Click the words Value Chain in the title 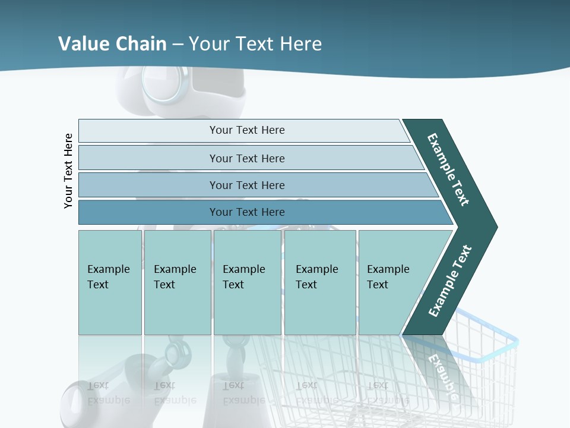(112, 43)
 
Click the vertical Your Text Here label (69, 171)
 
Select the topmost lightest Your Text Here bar (246, 130)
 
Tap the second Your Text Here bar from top (246, 158)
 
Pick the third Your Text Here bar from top (246, 185)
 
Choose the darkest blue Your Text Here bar (246, 212)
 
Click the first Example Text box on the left (110, 282)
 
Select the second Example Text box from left (177, 282)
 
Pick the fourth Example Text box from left (319, 282)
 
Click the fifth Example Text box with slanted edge (392, 282)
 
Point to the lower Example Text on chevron (449, 281)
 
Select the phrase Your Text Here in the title (255, 43)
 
